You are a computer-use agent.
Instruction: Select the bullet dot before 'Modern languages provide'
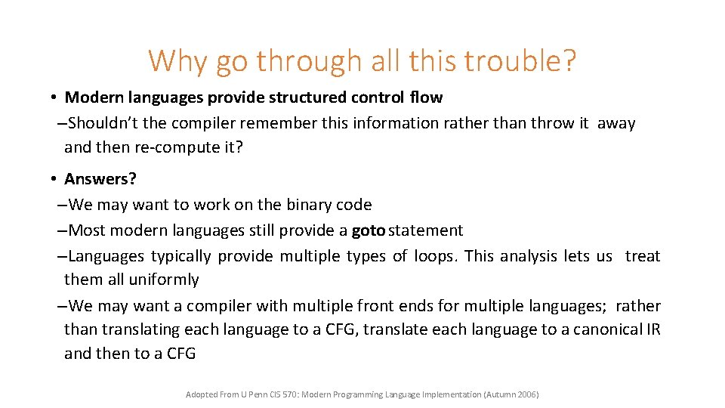coord(56,97)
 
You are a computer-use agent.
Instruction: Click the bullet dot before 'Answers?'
coord(56,179)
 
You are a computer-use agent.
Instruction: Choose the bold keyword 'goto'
coord(369,230)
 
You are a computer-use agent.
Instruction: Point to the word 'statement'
coord(427,230)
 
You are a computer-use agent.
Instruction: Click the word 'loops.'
coord(435,256)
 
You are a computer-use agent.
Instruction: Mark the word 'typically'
coord(182,256)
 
